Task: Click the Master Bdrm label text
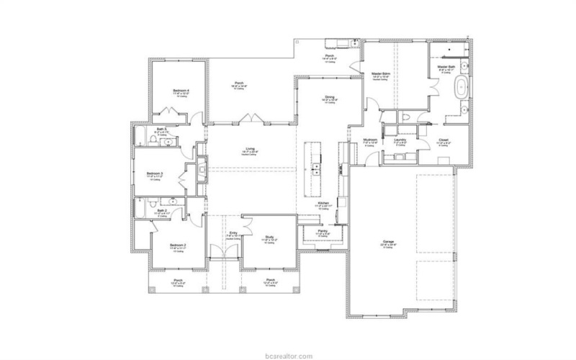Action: coord(381,74)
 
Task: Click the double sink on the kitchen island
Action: coord(315,171)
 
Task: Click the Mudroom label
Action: coord(370,142)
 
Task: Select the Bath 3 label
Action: coord(162,129)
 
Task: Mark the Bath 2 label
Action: coord(162,210)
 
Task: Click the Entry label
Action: coord(233,233)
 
